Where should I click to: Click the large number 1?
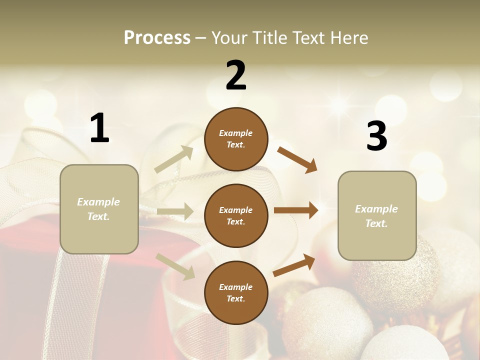(x=99, y=128)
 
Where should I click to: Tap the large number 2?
(x=236, y=75)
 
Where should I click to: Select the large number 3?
(x=376, y=136)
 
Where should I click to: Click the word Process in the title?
(x=157, y=37)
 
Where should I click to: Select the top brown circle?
(x=236, y=139)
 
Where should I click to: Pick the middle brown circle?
(x=236, y=215)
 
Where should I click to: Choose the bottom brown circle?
(x=236, y=292)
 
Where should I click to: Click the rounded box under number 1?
(x=99, y=209)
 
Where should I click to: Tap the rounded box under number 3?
(x=377, y=215)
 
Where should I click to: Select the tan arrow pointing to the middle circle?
(x=175, y=211)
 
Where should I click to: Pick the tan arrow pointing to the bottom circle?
(x=175, y=265)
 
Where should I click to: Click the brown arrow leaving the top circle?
(x=297, y=159)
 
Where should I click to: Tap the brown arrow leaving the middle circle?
(x=296, y=210)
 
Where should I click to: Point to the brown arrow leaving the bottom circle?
(x=294, y=265)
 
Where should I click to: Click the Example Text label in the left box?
(x=98, y=209)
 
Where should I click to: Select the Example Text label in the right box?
(x=376, y=216)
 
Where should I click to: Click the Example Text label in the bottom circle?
(x=235, y=292)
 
